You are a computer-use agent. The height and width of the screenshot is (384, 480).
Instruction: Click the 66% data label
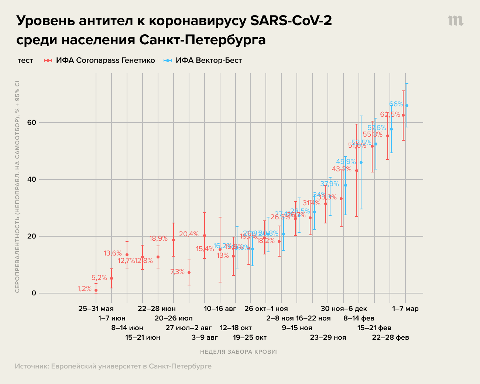click(396, 104)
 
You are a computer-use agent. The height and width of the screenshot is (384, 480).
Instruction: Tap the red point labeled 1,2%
click(96, 290)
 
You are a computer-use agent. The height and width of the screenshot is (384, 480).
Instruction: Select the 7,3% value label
click(177, 272)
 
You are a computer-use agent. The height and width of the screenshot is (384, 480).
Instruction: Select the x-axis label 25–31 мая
click(96, 309)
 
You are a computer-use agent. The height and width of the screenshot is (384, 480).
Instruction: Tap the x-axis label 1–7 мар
click(405, 309)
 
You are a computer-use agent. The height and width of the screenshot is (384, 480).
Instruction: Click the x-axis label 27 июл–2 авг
click(189, 328)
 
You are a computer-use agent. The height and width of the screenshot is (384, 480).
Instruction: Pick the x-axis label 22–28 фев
click(390, 337)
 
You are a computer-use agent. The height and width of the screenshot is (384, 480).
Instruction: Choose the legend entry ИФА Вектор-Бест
click(209, 60)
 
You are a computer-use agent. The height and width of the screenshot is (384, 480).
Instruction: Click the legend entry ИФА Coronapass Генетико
click(105, 60)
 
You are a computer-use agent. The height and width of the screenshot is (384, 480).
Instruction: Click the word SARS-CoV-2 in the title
click(291, 21)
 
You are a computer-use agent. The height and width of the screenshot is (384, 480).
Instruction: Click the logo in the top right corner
click(456, 21)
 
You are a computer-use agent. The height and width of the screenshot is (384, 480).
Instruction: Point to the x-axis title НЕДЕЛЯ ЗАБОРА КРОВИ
click(239, 352)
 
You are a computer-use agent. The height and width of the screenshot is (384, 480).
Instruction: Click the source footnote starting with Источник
click(113, 366)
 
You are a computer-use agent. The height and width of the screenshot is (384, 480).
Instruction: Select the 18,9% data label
click(158, 239)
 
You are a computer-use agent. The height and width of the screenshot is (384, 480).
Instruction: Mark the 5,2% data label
click(99, 278)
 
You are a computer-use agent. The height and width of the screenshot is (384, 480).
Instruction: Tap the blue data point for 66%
click(407, 106)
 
